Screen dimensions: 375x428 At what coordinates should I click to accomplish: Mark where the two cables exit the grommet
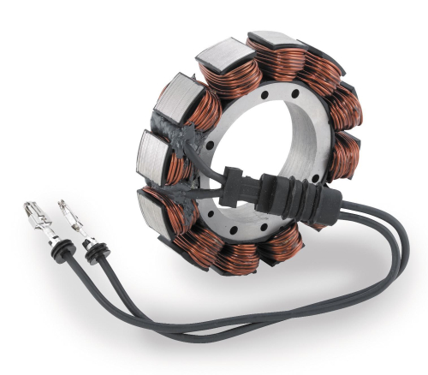pos(329,205)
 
